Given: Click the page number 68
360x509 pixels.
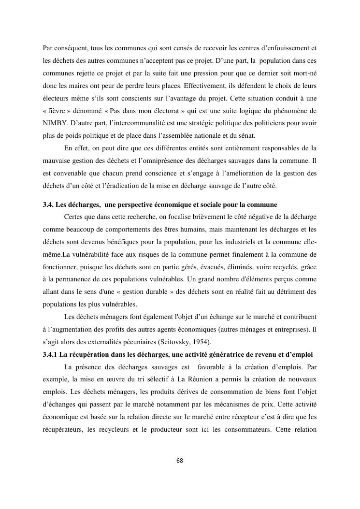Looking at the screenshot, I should point(180,460).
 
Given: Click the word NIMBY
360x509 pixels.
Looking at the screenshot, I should point(54,123).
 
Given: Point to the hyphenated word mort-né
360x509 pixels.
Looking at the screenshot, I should point(304,73).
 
